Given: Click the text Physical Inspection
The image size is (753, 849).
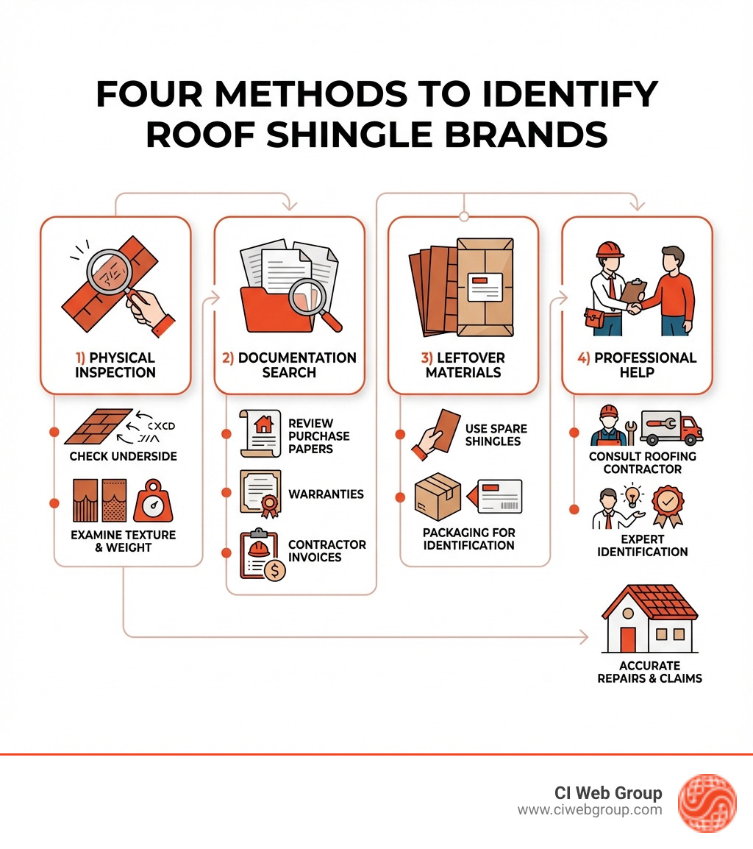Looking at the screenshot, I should (x=115, y=365).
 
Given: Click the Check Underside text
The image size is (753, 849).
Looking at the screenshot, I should (x=123, y=456).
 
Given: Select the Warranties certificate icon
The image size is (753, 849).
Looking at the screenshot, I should (x=260, y=492).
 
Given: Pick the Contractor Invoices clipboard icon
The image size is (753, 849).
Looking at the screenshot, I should (x=261, y=554).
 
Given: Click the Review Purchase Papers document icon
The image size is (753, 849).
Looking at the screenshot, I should (x=260, y=435).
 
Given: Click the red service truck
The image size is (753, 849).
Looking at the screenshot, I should (x=670, y=427).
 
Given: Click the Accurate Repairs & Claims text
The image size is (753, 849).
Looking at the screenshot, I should (x=649, y=672).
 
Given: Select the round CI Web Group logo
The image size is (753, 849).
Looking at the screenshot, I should (x=706, y=802).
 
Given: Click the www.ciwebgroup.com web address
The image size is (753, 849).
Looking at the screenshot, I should (x=590, y=810).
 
